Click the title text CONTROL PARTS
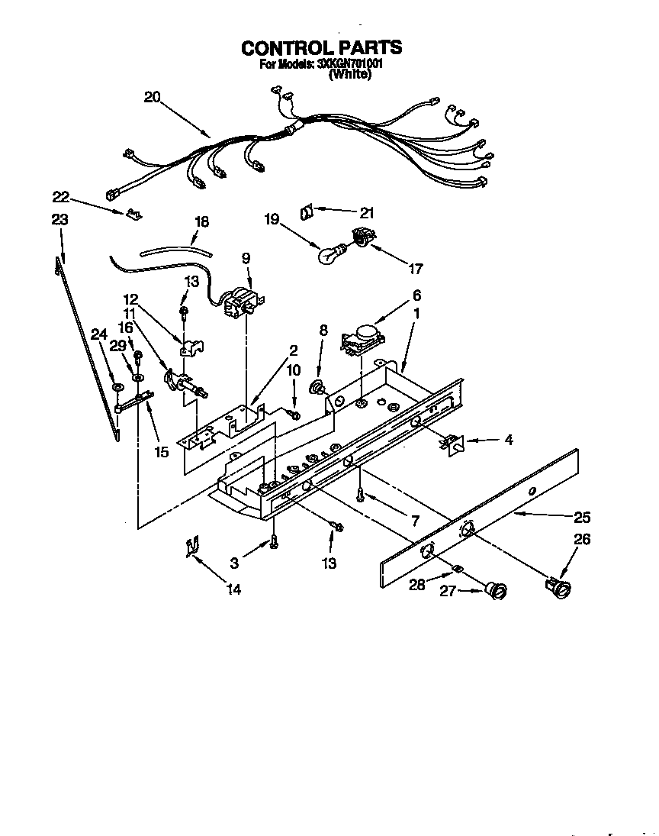[x=321, y=48]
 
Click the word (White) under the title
[x=349, y=76]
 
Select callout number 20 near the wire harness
[x=152, y=97]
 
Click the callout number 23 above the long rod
[x=59, y=220]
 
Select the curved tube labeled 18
[x=175, y=247]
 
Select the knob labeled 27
[x=497, y=589]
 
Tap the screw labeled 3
[x=274, y=543]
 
